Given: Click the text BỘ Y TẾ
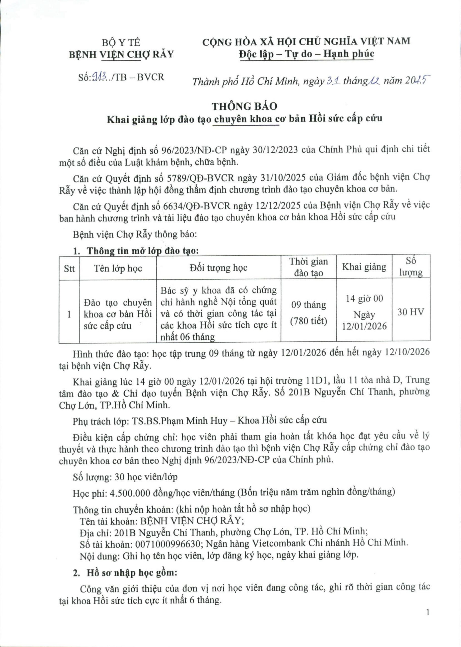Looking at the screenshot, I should click(x=121, y=43).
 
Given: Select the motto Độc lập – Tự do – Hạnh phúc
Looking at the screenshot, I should click(x=306, y=54).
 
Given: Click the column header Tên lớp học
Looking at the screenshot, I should click(x=118, y=268).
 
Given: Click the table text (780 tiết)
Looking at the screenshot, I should click(x=308, y=321).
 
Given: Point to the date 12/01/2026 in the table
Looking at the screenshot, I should click(x=364, y=326).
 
